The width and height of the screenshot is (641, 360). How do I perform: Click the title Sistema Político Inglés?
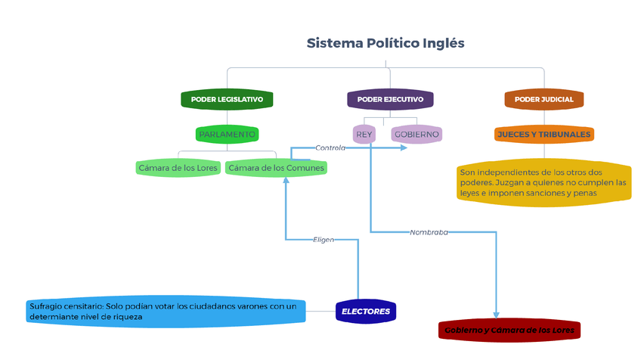click(x=386, y=43)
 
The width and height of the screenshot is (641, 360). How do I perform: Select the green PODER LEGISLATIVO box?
click(x=227, y=99)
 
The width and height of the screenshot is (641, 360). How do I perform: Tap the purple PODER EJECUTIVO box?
click(x=390, y=99)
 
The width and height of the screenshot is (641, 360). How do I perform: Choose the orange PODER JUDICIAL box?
click(x=543, y=99)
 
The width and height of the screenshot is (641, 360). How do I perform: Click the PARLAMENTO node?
click(x=227, y=135)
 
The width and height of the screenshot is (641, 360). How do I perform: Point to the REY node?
click(x=364, y=135)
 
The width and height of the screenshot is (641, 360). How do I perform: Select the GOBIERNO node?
click(x=416, y=135)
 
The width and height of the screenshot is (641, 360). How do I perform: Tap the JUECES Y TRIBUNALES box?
click(x=543, y=135)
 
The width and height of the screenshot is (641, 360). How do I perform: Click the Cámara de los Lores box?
click(x=178, y=167)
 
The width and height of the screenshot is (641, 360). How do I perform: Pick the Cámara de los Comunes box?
click(x=277, y=167)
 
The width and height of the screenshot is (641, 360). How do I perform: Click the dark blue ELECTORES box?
click(x=366, y=312)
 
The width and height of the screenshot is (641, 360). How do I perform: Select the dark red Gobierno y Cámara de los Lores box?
click(x=509, y=331)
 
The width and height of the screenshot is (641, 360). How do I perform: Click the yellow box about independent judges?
click(x=543, y=182)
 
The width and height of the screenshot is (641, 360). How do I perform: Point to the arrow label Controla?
click(x=330, y=148)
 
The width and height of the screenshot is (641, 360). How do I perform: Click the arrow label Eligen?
click(x=324, y=239)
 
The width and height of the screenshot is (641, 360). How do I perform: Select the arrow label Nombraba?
click(x=429, y=232)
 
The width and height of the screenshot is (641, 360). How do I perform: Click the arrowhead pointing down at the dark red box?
click(x=497, y=315)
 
